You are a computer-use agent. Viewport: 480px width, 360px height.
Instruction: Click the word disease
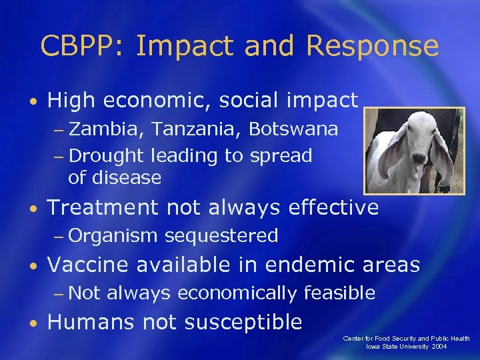pos(127,178)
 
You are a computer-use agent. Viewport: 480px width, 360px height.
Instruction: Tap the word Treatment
pos(103,208)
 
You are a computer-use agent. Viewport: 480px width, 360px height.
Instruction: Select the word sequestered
pos(221,235)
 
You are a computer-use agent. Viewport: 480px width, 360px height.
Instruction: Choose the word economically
pos(237,293)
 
